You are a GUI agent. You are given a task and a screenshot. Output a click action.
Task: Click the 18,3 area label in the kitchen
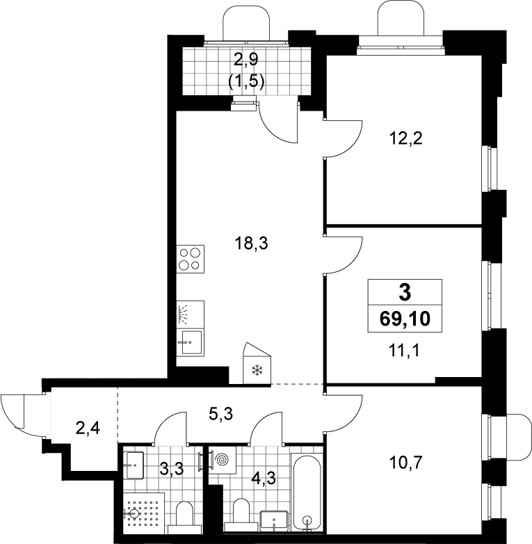[x=252, y=243]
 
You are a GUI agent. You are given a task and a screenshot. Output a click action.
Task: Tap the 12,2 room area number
[x=405, y=138]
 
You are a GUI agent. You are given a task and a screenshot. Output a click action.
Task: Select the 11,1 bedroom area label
[x=404, y=351]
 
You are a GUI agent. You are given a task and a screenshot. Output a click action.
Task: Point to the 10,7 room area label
[x=405, y=462]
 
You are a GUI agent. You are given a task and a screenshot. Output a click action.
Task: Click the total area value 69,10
[x=405, y=319]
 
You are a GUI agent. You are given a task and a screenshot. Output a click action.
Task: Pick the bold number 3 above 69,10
[x=405, y=292]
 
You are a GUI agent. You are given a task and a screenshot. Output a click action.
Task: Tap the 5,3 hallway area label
[x=221, y=413]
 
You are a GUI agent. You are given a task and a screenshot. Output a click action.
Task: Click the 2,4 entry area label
[x=88, y=428]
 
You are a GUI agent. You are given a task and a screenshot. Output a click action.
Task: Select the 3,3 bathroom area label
[x=171, y=470]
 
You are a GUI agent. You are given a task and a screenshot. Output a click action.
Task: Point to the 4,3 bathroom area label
[x=264, y=478]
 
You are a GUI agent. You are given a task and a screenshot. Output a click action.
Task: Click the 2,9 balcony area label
[x=246, y=59]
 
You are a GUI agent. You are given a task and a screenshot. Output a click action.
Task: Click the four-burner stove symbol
[x=190, y=259]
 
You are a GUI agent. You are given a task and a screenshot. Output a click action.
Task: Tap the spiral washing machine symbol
[x=223, y=461]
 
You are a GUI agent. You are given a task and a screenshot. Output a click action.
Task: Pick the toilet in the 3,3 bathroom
[x=185, y=518]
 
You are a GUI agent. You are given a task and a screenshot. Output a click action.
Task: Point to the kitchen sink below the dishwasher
[x=190, y=342]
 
